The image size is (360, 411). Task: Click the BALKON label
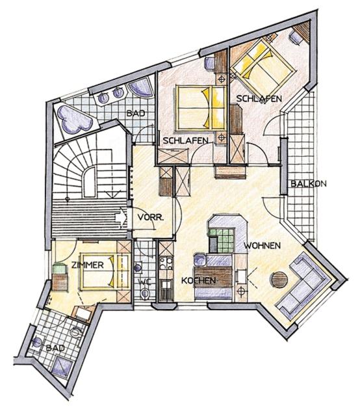(x=309, y=184)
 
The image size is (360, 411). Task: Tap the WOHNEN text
(x=262, y=246)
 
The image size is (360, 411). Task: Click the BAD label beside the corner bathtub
(x=135, y=113)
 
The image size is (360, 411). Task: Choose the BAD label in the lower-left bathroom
(x=55, y=349)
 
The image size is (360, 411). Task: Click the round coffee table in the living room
(x=279, y=281)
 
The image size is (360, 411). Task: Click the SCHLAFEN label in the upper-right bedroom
(x=259, y=98)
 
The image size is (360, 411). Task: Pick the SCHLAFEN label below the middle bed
(x=186, y=140)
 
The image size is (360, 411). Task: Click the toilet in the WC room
(x=144, y=295)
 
